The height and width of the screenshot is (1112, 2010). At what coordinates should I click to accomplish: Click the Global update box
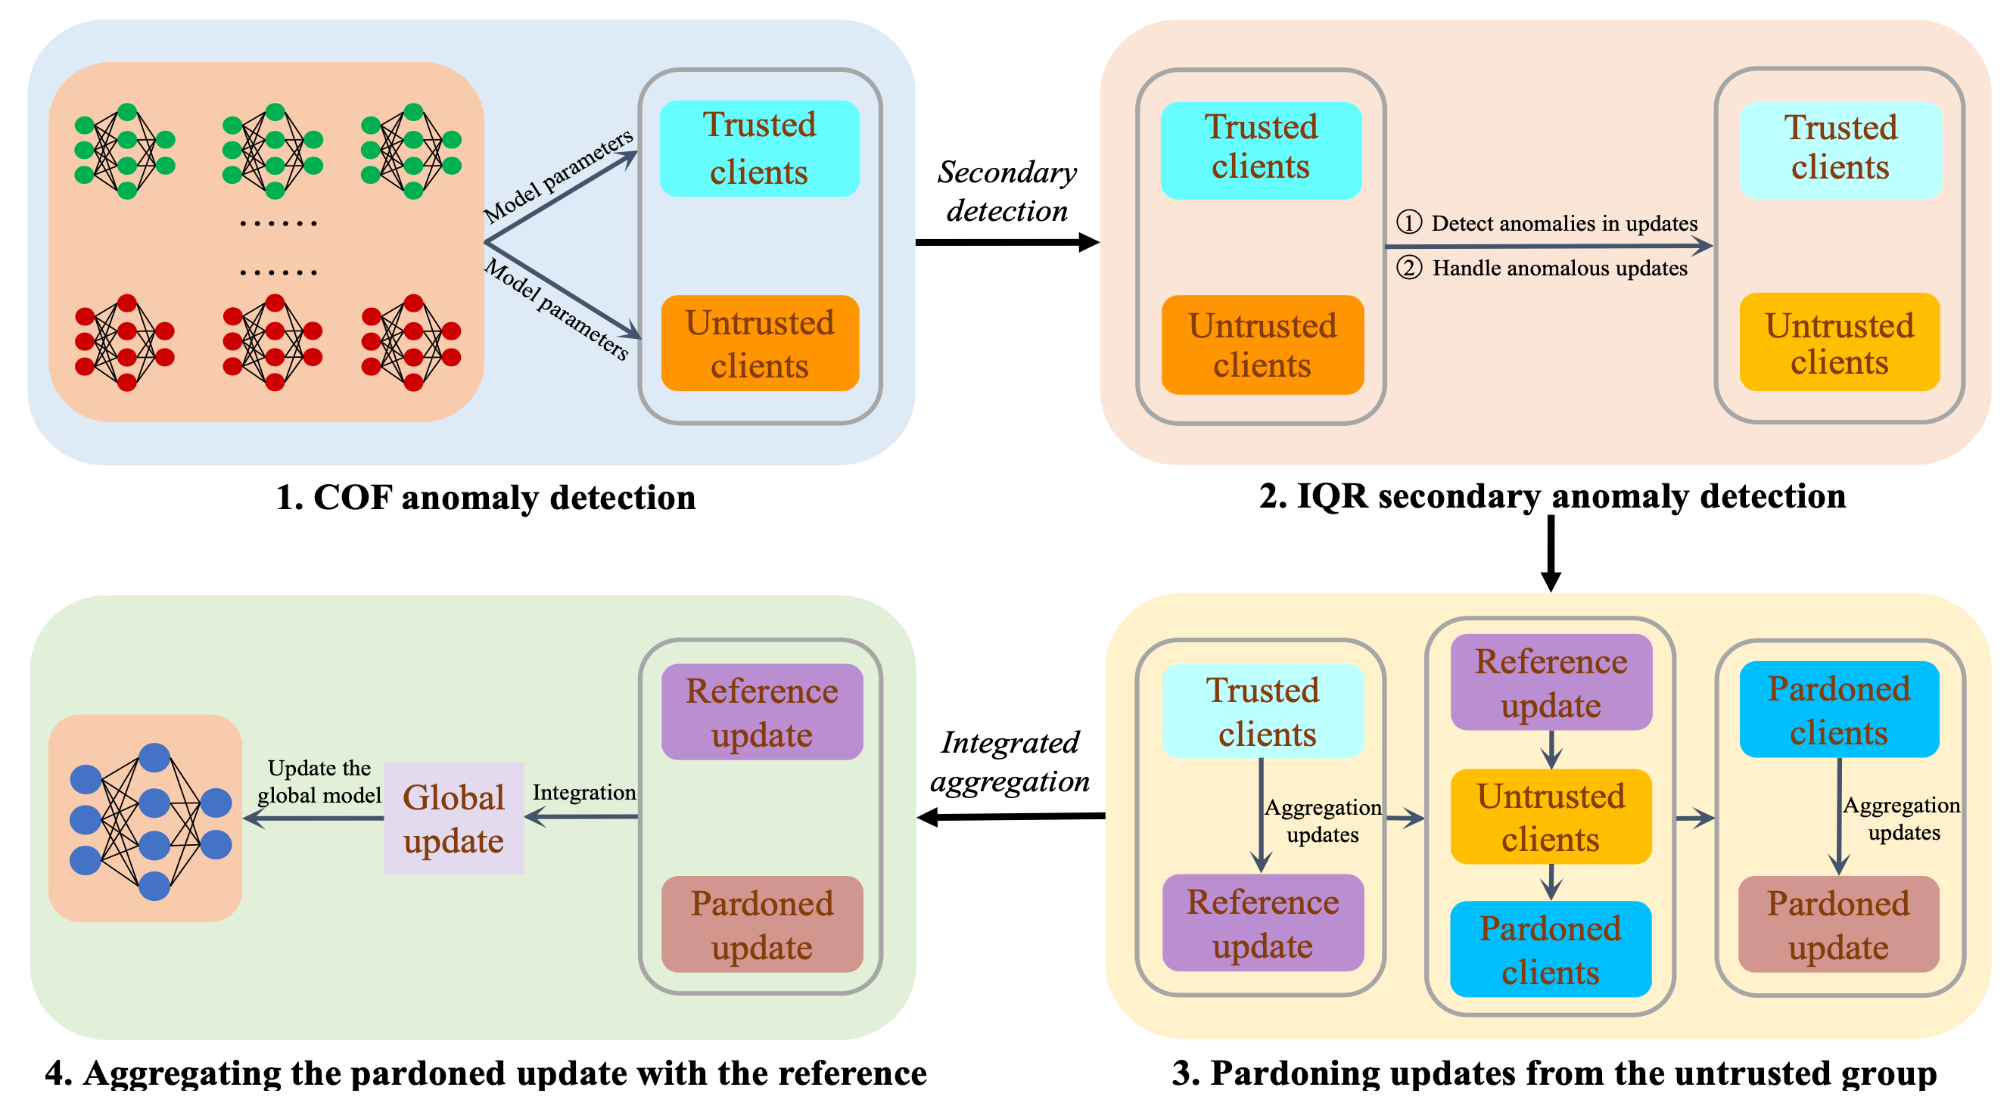click(x=453, y=818)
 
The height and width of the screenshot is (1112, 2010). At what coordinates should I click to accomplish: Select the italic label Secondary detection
click(x=1007, y=192)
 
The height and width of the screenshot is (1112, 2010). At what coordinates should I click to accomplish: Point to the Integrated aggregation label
click(x=1010, y=762)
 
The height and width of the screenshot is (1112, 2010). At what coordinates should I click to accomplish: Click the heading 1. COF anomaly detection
click(x=485, y=498)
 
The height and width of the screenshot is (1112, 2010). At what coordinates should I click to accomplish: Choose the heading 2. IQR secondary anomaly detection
click(x=1552, y=496)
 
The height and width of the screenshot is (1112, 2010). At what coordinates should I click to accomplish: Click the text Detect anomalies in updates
click(x=1564, y=224)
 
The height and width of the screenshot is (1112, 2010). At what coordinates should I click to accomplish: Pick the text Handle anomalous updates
click(x=1559, y=269)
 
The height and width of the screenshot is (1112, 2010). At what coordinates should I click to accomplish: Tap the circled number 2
click(x=1408, y=269)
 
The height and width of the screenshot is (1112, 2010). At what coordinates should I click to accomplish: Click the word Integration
click(x=583, y=792)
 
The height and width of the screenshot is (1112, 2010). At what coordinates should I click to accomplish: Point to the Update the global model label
click(x=319, y=781)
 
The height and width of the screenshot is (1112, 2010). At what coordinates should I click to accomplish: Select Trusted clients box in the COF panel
click(x=759, y=148)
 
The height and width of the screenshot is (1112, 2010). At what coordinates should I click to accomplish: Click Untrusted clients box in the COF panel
click(x=759, y=343)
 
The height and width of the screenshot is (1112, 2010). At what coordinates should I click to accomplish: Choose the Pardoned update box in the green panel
click(x=761, y=925)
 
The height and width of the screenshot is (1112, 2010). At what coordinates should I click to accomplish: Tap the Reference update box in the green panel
click(x=761, y=712)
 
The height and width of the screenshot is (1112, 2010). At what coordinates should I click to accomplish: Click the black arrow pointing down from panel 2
click(x=1551, y=554)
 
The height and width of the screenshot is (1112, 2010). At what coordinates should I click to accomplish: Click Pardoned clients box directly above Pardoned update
click(x=1838, y=710)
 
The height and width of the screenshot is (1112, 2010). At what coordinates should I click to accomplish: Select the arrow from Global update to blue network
click(x=313, y=818)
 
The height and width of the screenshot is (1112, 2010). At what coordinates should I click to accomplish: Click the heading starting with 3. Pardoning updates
click(x=1554, y=1073)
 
